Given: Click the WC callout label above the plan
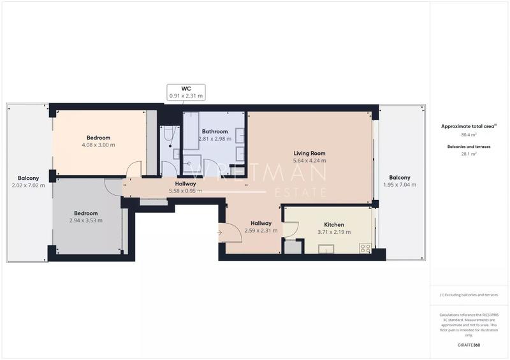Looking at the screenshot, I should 186,88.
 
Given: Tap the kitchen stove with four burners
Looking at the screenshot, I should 365,248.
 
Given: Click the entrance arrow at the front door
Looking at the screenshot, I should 219,233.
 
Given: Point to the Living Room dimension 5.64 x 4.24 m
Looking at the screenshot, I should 309,161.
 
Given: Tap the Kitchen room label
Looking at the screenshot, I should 334,225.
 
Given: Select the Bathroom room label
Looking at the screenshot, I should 215,131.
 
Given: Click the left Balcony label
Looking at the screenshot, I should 28,178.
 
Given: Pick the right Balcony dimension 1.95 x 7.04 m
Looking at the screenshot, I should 399,185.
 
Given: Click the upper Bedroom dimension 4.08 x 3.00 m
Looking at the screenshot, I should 99,145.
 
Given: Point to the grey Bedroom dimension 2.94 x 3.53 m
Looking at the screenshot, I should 86,220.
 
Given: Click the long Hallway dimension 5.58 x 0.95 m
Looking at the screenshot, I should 186,191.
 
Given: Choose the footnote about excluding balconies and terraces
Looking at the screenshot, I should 469,295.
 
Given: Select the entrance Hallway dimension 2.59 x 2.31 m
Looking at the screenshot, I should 261,231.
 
